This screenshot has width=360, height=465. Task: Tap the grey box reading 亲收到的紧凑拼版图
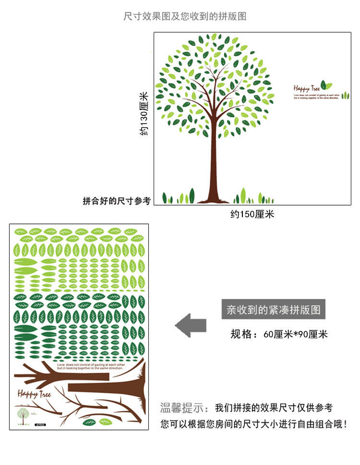pos(274,308)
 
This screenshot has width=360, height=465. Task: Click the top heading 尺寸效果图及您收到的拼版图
pos(185,16)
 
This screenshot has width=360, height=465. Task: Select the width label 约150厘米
pos(252,214)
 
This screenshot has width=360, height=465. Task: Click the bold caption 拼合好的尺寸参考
pos(117,201)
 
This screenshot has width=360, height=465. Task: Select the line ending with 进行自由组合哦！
pos(253,425)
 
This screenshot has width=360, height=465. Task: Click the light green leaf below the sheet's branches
pos(105,422)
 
